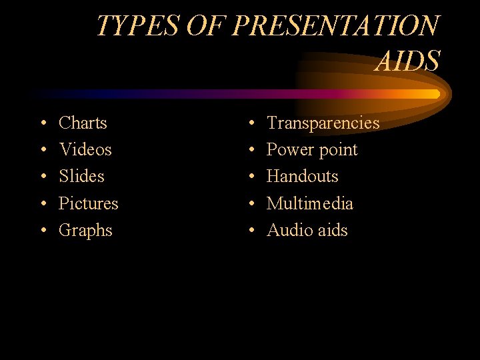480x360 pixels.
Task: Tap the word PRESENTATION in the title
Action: click(x=337, y=26)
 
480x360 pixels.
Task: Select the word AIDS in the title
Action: click(x=407, y=61)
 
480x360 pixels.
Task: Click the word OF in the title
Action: click(x=207, y=26)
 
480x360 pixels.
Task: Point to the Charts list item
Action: click(x=83, y=123)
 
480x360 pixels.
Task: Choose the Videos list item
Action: click(x=85, y=149)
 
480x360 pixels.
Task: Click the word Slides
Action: click(x=81, y=176)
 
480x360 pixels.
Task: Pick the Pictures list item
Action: click(x=88, y=203)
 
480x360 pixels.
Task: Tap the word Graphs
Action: click(x=85, y=231)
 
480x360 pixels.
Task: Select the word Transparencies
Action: click(x=323, y=123)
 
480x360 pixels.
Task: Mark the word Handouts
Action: click(x=302, y=176)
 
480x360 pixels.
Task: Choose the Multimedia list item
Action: click(x=309, y=203)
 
